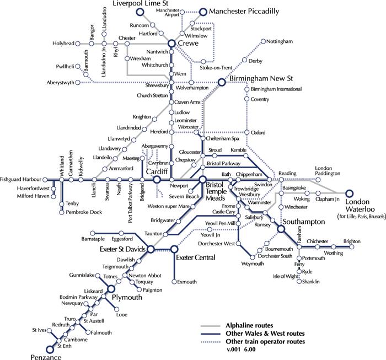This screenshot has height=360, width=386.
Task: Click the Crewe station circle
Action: tap(171, 44)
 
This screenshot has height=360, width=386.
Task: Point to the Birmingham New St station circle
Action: tap(222, 82)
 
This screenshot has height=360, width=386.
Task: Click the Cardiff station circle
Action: tap(157, 180)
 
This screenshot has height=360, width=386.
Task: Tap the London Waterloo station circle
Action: tap(349, 194)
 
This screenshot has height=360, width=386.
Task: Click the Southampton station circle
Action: tap(281, 229)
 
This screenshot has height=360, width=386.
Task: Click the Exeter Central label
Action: tap(196, 257)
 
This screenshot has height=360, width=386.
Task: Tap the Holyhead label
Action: tap(63, 43)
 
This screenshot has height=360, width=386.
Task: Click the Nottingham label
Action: tap(279, 42)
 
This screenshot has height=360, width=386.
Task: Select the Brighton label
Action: tap(353, 241)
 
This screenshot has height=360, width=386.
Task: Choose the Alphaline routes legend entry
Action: tap(245, 326)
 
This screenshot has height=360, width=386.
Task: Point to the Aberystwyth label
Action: tap(60, 83)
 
